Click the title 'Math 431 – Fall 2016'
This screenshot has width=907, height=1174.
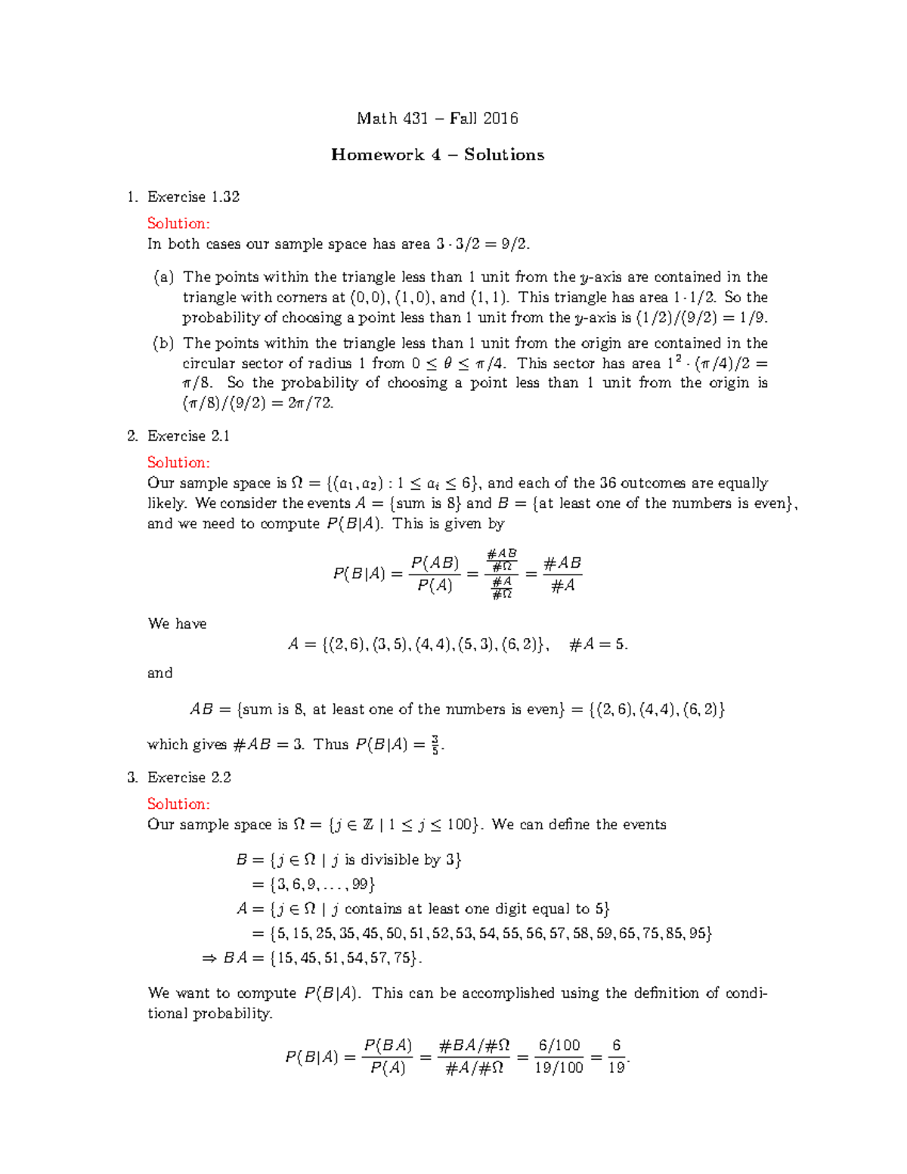tap(437, 118)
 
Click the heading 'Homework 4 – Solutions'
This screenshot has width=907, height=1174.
tap(437, 155)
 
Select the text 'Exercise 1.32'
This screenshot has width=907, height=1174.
tap(193, 197)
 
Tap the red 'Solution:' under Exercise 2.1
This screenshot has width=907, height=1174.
tap(178, 462)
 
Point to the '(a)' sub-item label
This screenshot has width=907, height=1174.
tap(163, 277)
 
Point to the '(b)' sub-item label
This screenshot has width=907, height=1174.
tap(163, 343)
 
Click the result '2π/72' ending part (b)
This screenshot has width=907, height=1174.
tap(311, 403)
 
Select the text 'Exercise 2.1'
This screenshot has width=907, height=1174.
tap(189, 436)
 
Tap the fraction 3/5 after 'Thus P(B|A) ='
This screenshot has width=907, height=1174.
tap(435, 745)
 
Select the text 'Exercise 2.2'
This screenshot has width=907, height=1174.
tap(189, 778)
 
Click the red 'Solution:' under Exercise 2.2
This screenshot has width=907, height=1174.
tap(178, 804)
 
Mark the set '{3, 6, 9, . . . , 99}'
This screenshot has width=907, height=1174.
tap(323, 884)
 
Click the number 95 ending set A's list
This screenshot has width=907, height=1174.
tap(698, 934)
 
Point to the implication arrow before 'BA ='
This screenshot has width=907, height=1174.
tap(209, 959)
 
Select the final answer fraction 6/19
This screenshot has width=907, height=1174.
tap(617, 1056)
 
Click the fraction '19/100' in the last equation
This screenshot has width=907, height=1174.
tap(559, 1067)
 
